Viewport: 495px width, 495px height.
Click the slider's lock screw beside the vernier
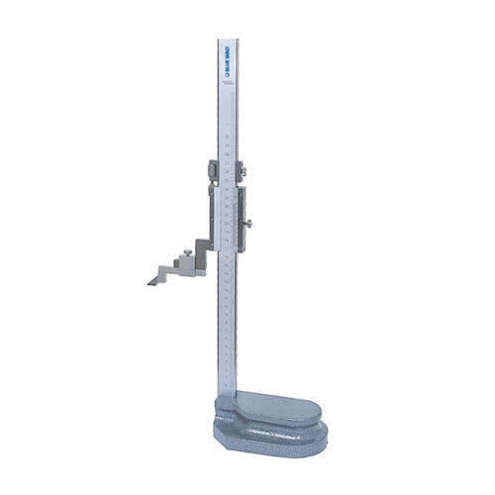pyautogui.click(x=250, y=223)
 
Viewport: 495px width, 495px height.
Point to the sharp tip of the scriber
pyautogui.click(x=148, y=282)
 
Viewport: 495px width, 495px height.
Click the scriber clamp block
pyautogui.click(x=187, y=264)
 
